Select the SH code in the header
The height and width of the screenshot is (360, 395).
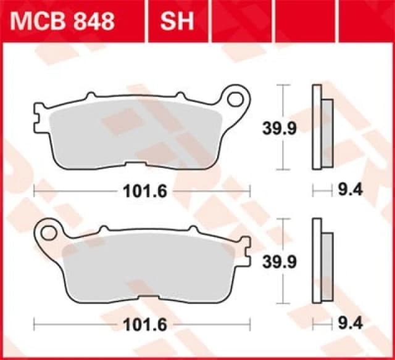point(177,21)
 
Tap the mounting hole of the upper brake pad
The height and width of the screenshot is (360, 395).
point(236,99)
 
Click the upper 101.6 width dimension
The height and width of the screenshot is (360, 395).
point(141,192)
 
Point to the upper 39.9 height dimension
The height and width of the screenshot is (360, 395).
point(272,128)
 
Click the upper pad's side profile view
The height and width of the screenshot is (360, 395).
point(321,127)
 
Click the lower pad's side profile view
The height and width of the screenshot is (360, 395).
point(321,260)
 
